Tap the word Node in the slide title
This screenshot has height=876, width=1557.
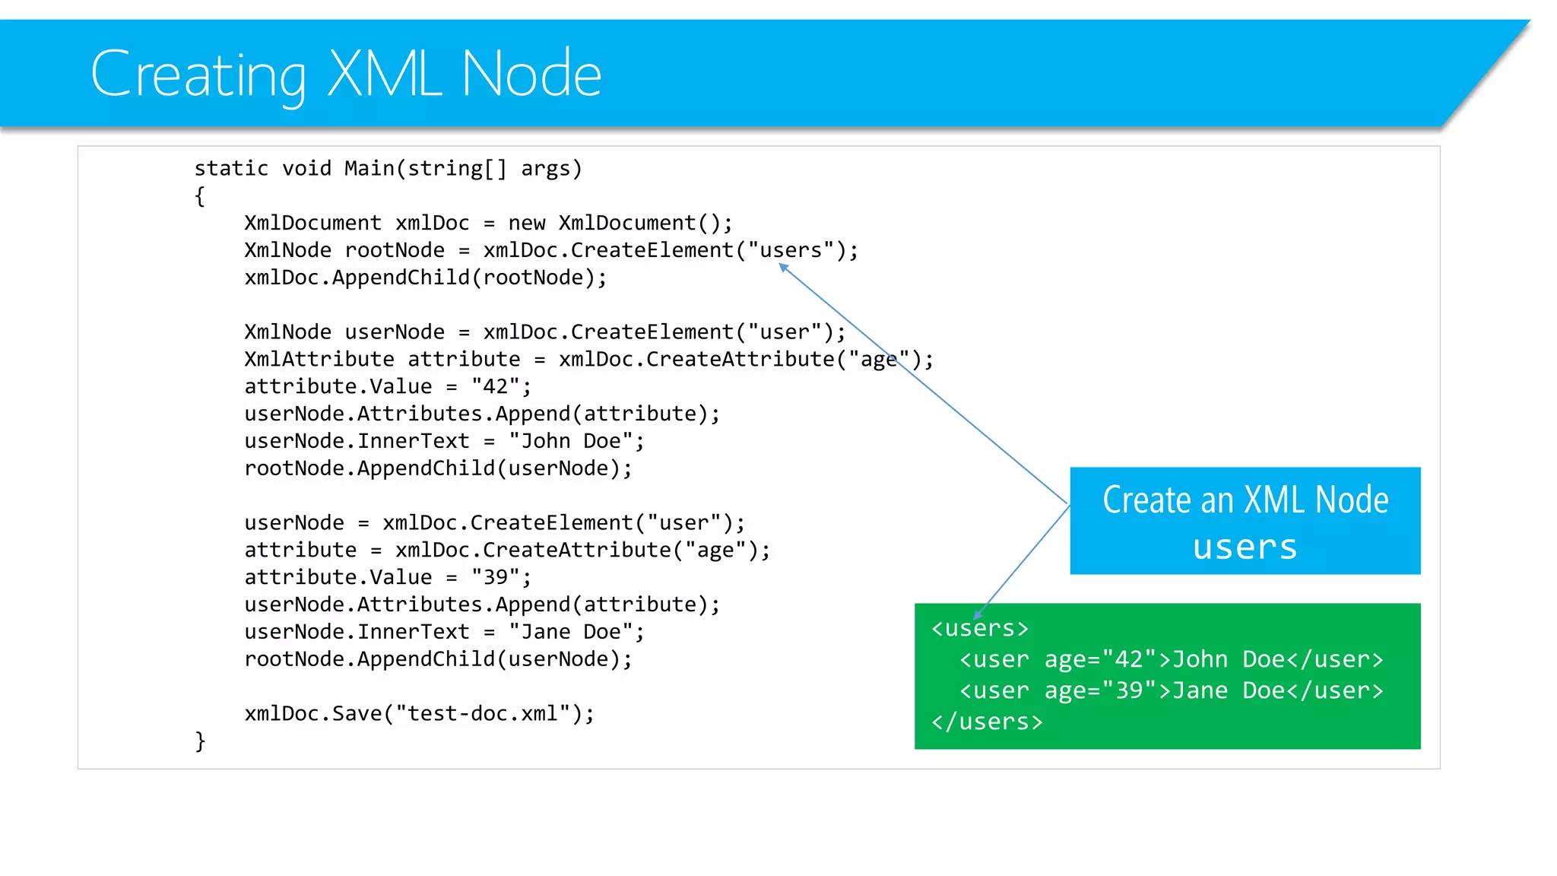531,75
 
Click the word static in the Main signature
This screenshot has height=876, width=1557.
231,168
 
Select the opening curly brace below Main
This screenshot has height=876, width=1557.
199,196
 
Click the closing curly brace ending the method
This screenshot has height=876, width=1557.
200,741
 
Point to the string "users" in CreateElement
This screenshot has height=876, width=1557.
791,250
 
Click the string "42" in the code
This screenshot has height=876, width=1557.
495,386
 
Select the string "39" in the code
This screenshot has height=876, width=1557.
495,577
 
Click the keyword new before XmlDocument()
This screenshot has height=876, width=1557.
527,223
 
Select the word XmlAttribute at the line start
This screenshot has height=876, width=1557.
319,359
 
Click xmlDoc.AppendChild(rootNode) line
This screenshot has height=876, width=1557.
425,278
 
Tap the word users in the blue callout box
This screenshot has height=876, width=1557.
1245,547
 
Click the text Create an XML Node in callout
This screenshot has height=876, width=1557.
1245,500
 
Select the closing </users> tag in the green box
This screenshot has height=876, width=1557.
987,722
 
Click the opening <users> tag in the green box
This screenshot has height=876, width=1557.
980,629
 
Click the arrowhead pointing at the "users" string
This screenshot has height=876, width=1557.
783,267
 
